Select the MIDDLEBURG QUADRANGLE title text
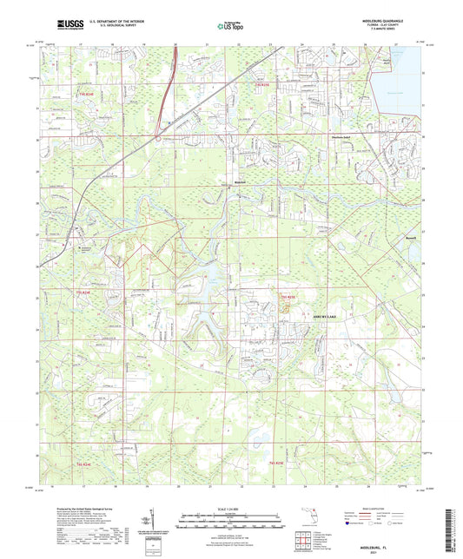[386, 20]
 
